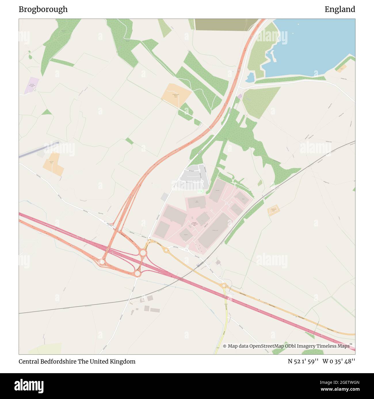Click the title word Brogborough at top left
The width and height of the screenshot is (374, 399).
pos(43,9)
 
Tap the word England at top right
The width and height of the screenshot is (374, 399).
pos(340,9)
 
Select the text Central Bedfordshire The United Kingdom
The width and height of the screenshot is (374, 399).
pos(77,361)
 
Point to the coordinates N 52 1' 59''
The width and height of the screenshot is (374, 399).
pos(303,361)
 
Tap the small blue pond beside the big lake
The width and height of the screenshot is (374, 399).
pos(250,77)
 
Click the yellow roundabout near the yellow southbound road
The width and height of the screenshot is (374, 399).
pos(224,286)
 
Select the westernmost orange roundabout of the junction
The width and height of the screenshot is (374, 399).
pos(102,262)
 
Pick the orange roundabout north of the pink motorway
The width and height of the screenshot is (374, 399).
pos(143,253)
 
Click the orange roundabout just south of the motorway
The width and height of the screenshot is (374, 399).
pos(138,274)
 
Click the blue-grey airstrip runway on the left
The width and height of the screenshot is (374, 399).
pos(39,150)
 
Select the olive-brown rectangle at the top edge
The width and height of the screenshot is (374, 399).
pos(224,24)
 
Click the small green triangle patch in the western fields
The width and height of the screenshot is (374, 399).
pos(47,112)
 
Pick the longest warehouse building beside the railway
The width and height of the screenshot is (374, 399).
pos(215,230)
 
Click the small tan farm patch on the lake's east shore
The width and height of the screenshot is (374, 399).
pos(341,69)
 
